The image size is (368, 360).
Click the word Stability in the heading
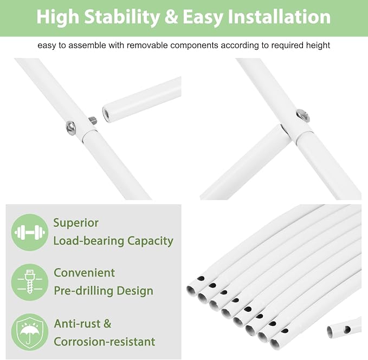[x=122, y=17]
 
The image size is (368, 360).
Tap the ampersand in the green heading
[x=171, y=17]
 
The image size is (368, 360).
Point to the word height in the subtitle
[x=318, y=45]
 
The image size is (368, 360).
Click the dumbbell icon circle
[x=30, y=232]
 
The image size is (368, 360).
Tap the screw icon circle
[x=30, y=282]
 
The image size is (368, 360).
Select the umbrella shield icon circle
[x=30, y=332]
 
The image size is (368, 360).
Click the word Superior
[x=76, y=223]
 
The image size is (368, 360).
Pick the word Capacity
[x=150, y=241]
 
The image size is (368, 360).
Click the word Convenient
[x=84, y=273]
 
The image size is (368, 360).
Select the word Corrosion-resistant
[x=105, y=342]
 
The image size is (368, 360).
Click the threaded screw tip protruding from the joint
[x=93, y=120]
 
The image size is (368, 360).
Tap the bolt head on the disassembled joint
[x=70, y=128]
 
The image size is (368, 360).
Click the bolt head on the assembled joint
[x=303, y=116]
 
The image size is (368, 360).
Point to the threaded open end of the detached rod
[x=106, y=113]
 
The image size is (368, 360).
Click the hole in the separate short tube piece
[x=347, y=329]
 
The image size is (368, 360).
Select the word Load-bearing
[x=88, y=241]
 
